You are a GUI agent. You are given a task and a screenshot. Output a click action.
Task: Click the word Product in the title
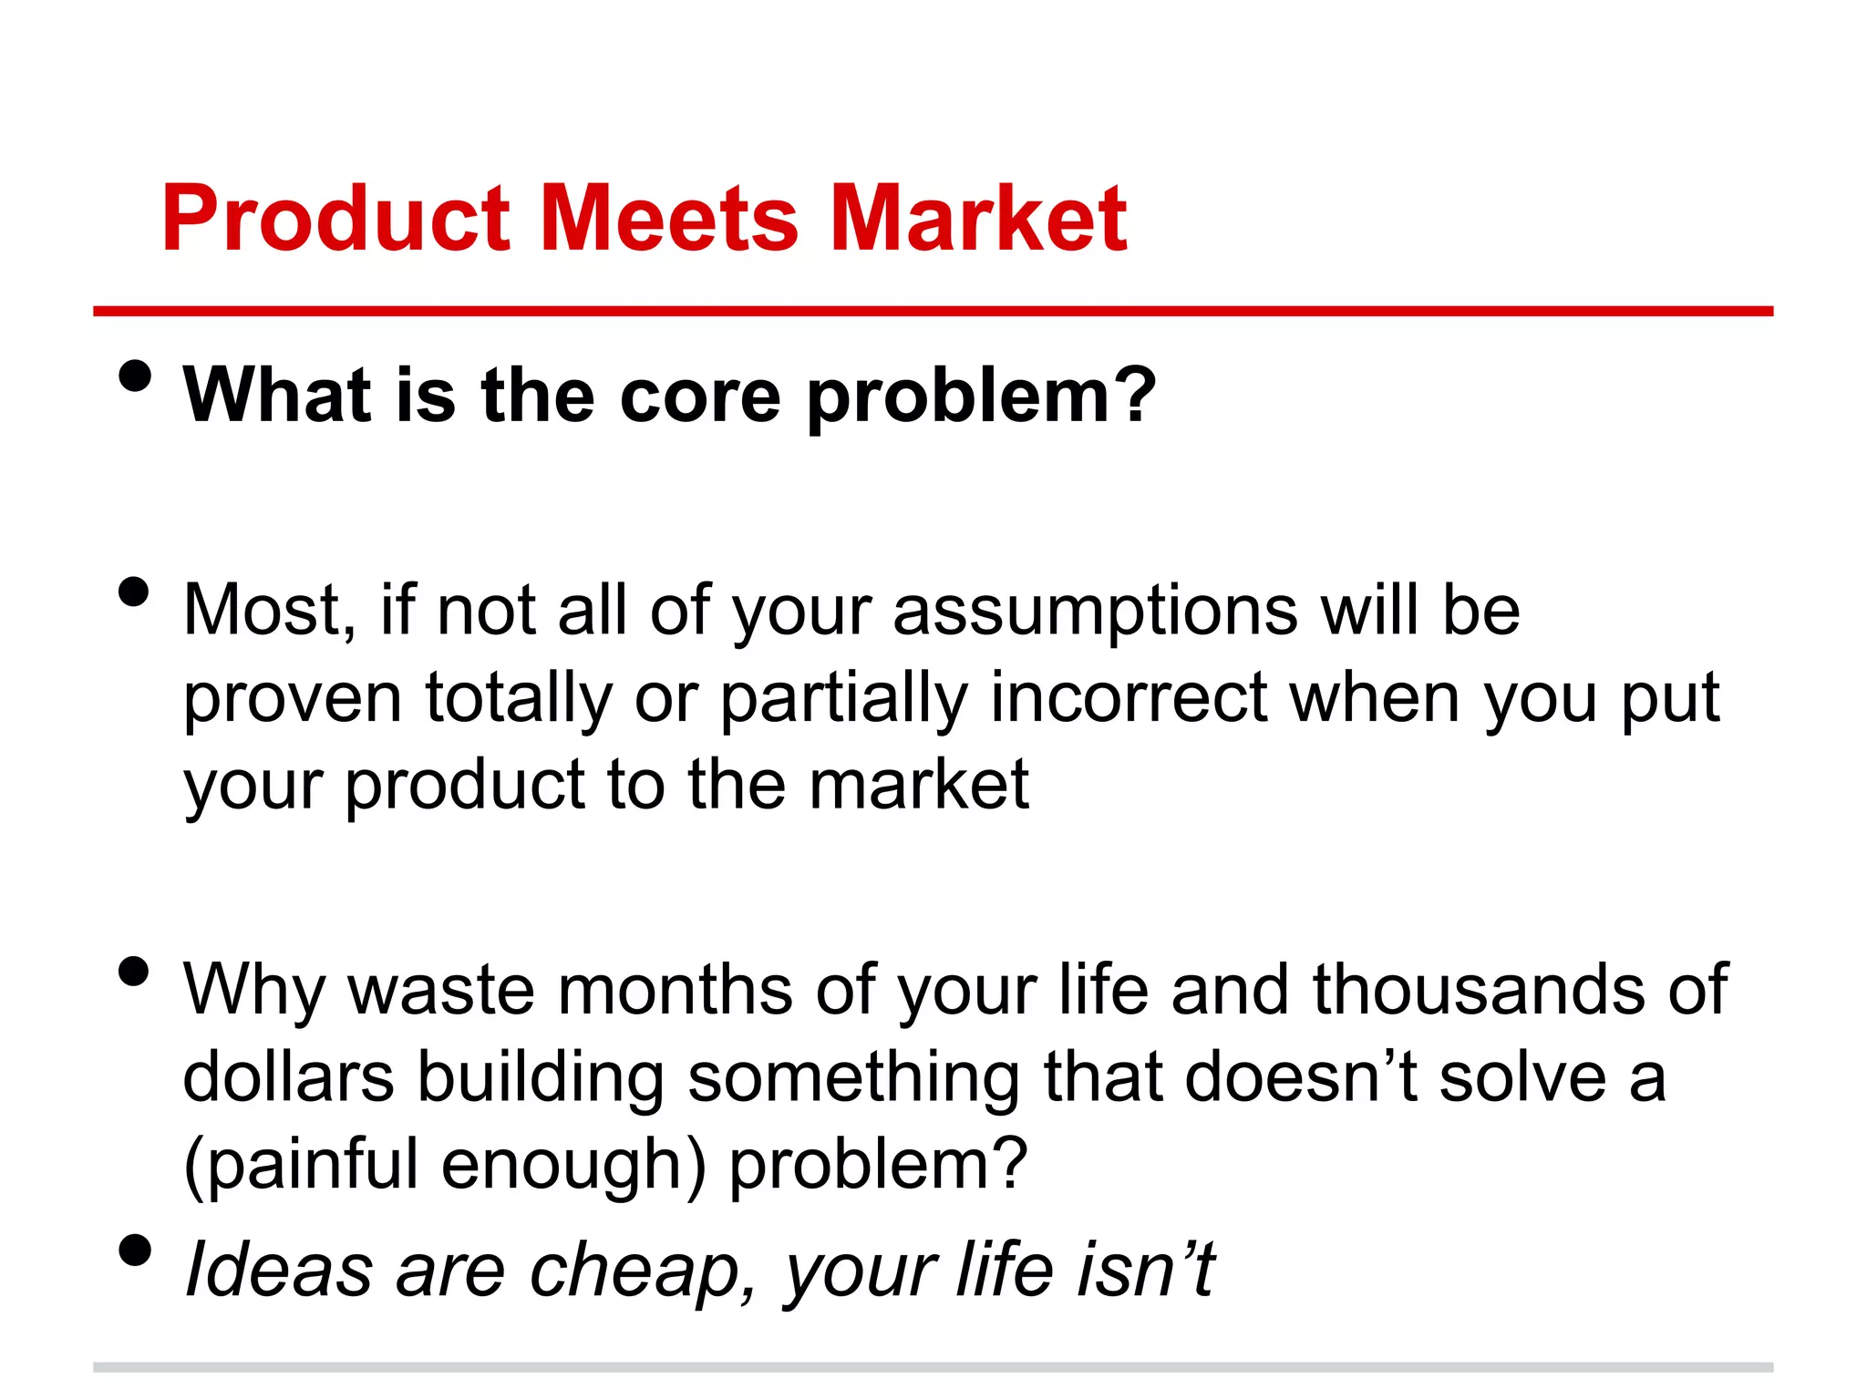click(x=335, y=219)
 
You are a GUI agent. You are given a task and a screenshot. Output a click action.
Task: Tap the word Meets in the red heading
click(x=670, y=219)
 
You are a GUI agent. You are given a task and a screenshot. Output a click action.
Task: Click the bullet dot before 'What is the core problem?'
click(x=134, y=376)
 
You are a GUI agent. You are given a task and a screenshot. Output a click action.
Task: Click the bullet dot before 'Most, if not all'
click(x=134, y=592)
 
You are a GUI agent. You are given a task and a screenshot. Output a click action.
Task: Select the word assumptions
click(x=1095, y=611)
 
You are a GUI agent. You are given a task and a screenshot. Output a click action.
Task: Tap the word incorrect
click(x=1129, y=698)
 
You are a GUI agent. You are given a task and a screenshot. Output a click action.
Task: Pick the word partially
click(x=844, y=698)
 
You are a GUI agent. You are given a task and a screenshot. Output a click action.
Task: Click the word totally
click(x=519, y=698)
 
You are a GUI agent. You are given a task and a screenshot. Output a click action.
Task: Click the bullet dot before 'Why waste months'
click(x=134, y=972)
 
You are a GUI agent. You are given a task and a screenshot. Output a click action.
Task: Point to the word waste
click(x=441, y=990)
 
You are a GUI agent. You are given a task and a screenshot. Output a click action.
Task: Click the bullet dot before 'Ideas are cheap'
click(x=134, y=1251)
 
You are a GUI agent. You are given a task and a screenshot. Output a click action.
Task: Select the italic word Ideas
click(x=278, y=1271)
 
